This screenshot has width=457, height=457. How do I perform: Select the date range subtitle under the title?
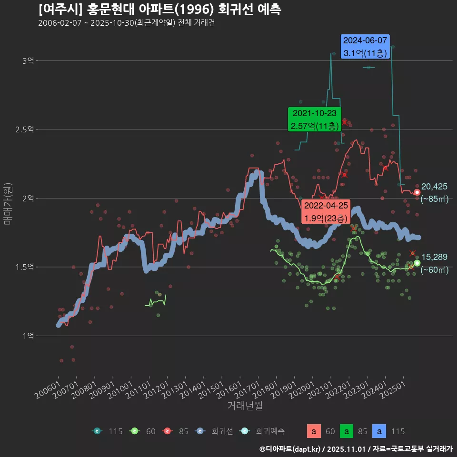(x=127, y=23)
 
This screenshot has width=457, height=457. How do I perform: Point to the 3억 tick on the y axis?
(x=28, y=61)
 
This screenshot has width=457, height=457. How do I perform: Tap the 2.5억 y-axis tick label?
(x=25, y=129)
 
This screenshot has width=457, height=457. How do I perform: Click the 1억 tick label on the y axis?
(x=28, y=336)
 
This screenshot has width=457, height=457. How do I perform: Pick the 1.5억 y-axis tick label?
(x=25, y=267)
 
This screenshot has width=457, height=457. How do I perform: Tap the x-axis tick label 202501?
(x=393, y=389)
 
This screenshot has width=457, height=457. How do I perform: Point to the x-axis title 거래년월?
(x=245, y=406)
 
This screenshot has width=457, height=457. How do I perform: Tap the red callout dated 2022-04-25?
(x=326, y=212)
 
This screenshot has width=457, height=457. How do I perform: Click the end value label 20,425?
(x=434, y=187)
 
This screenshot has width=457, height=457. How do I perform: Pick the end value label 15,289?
(x=434, y=257)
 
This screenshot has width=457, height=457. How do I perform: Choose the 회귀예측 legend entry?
(x=263, y=431)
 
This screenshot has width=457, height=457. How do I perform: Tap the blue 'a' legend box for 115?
(x=379, y=431)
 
